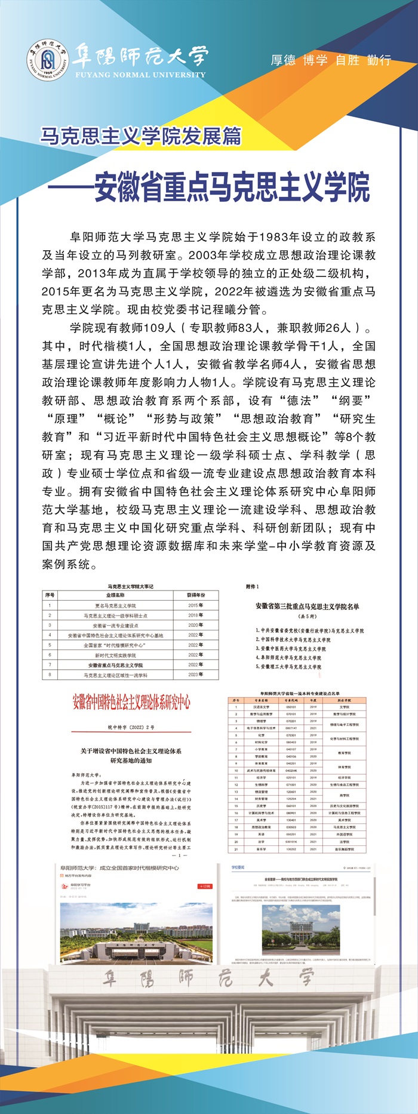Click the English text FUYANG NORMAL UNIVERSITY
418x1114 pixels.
point(140,75)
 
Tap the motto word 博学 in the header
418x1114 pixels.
point(315,60)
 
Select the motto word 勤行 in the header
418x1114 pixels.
point(380,60)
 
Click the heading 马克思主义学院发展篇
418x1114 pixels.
point(141,137)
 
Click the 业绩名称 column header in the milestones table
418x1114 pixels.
point(115,595)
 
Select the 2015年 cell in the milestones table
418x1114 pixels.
point(195,605)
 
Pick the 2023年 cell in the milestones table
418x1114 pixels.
point(195,675)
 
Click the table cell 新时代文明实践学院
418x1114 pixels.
point(115,655)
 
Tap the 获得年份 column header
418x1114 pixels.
point(195,595)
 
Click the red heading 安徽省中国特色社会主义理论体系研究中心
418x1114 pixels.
point(131,702)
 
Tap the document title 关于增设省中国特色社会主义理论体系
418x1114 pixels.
point(131,751)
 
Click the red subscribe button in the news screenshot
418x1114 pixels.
point(205,887)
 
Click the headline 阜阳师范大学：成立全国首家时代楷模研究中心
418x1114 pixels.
point(119,867)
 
